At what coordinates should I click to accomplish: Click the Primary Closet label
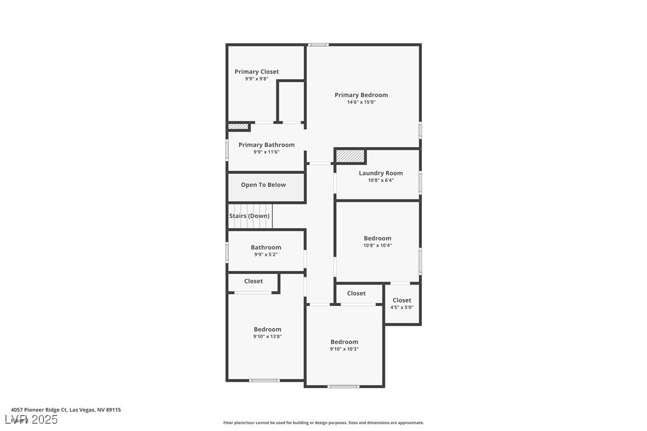pyautogui.click(x=256, y=71)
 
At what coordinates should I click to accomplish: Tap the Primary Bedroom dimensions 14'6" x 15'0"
pyautogui.click(x=361, y=102)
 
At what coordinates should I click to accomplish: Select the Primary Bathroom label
pyautogui.click(x=266, y=145)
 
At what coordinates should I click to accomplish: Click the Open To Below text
pyautogui.click(x=263, y=185)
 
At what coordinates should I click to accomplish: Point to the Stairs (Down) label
pyautogui.click(x=250, y=216)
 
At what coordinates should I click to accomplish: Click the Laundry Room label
pyautogui.click(x=381, y=173)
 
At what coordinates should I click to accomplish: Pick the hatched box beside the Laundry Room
pyautogui.click(x=350, y=156)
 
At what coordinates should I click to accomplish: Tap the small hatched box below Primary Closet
pyautogui.click(x=238, y=126)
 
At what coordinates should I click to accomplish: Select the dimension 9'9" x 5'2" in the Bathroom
pyautogui.click(x=266, y=255)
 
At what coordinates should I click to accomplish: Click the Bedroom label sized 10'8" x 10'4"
pyautogui.click(x=378, y=238)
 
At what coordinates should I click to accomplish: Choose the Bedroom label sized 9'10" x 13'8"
pyautogui.click(x=267, y=329)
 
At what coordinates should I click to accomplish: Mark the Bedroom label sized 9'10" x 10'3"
pyautogui.click(x=344, y=342)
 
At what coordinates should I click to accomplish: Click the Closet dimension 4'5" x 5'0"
pyautogui.click(x=402, y=308)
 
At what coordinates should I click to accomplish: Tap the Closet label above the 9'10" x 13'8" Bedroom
pyautogui.click(x=253, y=281)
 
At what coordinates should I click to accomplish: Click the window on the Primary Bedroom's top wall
pyautogui.click(x=318, y=45)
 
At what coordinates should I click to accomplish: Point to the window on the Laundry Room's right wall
pyautogui.click(x=420, y=182)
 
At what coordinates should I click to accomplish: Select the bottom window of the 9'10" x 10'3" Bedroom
pyautogui.click(x=343, y=387)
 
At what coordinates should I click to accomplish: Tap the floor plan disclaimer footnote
pyautogui.click(x=323, y=423)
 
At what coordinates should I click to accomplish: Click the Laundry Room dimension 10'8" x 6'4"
pyautogui.click(x=381, y=180)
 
